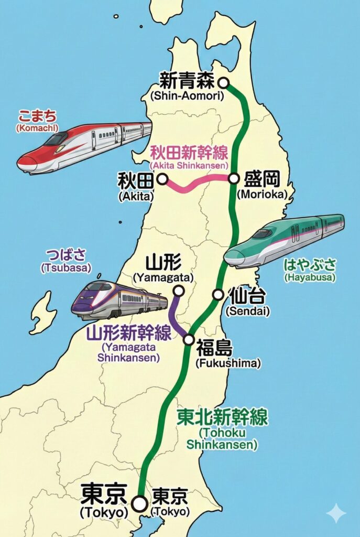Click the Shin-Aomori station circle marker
point(224,82)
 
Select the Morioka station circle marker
point(234,179)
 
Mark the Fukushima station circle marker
point(189,340)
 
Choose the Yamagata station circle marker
point(179,291)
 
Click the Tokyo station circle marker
point(139,504)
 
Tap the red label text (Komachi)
point(37,127)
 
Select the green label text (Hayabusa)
point(309,277)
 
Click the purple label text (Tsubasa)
point(66,268)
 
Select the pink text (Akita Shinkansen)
point(189,165)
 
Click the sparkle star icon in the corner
point(336,513)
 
